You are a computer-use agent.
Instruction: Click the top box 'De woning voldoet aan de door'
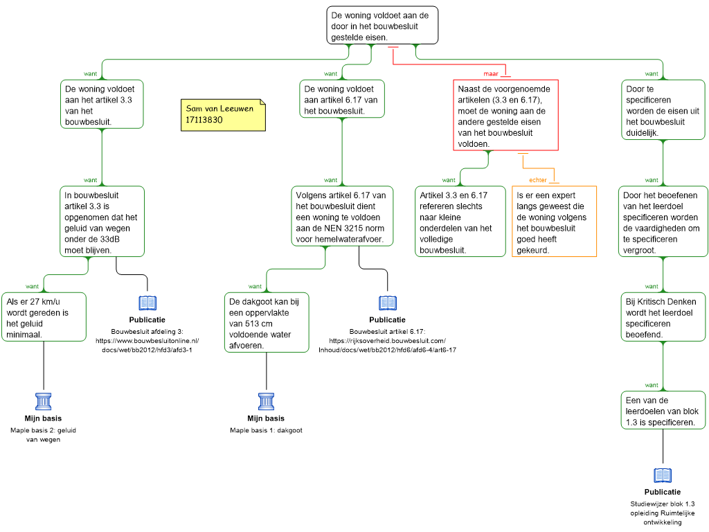click(383, 26)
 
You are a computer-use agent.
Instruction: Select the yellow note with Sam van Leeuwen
click(223, 114)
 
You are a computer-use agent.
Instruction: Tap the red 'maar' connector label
click(491, 73)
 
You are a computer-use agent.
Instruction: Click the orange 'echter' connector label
click(537, 180)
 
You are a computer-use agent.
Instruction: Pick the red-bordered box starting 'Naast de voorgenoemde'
click(506, 114)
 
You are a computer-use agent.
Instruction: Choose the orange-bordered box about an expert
click(555, 222)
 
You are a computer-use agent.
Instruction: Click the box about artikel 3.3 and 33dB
click(102, 221)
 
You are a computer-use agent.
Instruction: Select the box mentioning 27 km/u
click(44, 317)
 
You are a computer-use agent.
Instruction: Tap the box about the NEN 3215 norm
click(343, 216)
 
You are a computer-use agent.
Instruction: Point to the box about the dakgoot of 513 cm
click(267, 322)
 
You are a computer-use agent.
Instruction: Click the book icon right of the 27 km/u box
click(147, 303)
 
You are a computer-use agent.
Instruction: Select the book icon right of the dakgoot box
click(388, 303)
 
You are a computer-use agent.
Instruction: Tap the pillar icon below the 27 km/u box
click(44, 402)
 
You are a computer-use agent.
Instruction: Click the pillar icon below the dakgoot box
click(267, 402)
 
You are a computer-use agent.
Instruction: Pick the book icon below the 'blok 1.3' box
click(663, 475)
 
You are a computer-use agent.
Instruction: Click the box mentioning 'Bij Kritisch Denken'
click(663, 317)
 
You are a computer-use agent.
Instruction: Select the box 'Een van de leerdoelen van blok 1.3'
click(663, 411)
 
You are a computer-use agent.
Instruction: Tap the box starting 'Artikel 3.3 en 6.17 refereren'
click(460, 222)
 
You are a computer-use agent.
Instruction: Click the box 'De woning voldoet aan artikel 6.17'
click(342, 99)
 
